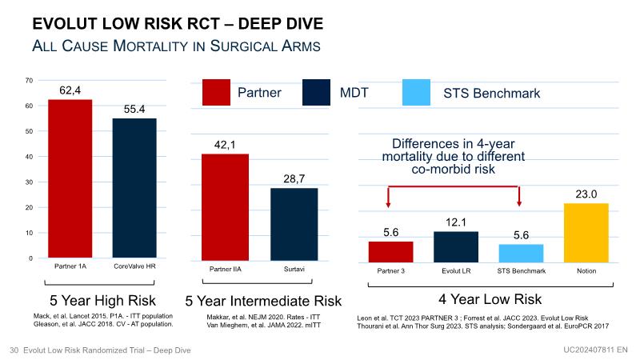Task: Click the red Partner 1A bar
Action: point(70,178)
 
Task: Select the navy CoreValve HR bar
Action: point(134,187)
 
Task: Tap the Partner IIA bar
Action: point(225,206)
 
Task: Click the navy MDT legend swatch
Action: point(317,93)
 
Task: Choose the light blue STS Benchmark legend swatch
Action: point(418,93)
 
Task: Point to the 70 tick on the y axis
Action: point(29,80)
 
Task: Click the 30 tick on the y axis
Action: point(29,182)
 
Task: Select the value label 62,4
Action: point(70,90)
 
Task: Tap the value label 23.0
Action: point(586,194)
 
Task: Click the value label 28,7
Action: point(294,178)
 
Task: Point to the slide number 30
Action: point(14,350)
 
